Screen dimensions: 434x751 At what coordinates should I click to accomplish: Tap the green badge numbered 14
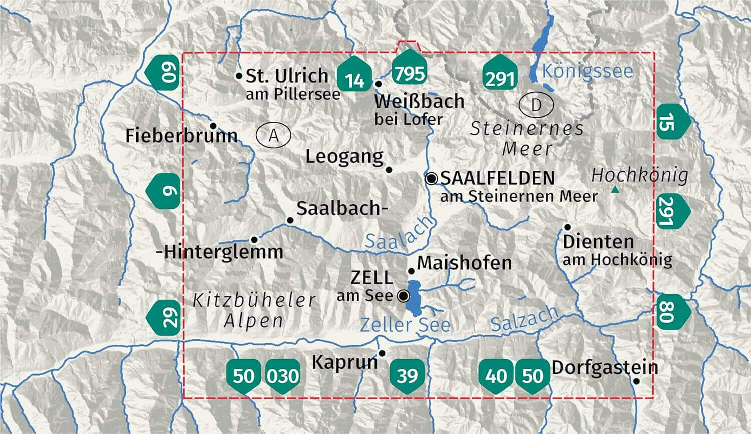355,78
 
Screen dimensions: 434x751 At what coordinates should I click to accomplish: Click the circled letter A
273,135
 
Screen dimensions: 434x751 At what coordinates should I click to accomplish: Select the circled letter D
536,105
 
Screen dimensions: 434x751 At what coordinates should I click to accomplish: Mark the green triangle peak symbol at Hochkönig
615,190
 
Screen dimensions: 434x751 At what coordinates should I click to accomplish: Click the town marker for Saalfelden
431,178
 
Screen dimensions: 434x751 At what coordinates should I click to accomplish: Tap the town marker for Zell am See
403,296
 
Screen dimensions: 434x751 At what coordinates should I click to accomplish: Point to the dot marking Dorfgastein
636,381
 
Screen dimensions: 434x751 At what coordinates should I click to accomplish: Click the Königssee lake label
587,71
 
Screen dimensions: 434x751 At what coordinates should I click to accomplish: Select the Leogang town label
344,157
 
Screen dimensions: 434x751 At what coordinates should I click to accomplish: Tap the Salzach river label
524,319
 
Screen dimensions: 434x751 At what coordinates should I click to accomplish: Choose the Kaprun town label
344,362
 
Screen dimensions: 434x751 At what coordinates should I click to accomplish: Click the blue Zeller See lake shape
414,298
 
